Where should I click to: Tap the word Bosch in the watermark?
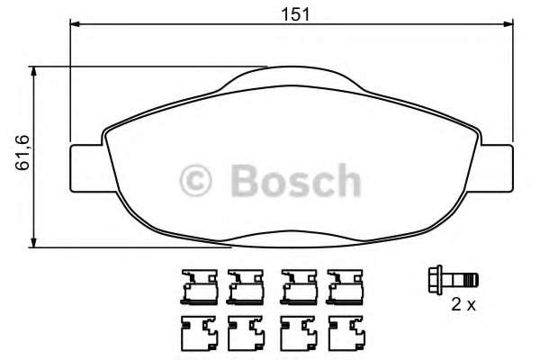[294, 181]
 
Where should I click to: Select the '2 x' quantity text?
[463, 305]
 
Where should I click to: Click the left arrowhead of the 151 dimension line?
[75, 24]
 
